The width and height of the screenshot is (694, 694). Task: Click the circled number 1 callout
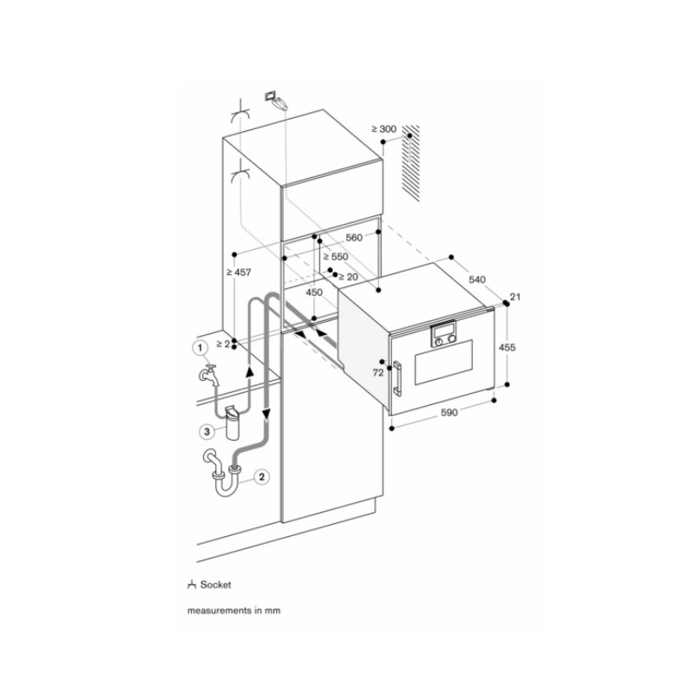tap(200, 348)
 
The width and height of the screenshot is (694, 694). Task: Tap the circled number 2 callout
tap(262, 476)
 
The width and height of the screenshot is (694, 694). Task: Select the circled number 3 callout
tap(206, 431)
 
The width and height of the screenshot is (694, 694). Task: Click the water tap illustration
tap(209, 375)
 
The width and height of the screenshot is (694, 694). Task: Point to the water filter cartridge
tap(232, 422)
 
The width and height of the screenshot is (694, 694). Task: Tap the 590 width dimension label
tap(448, 413)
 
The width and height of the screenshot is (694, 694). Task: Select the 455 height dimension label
tap(507, 347)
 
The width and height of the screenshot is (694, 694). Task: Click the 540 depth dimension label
tap(477, 279)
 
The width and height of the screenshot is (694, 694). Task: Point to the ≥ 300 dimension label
tap(383, 129)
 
